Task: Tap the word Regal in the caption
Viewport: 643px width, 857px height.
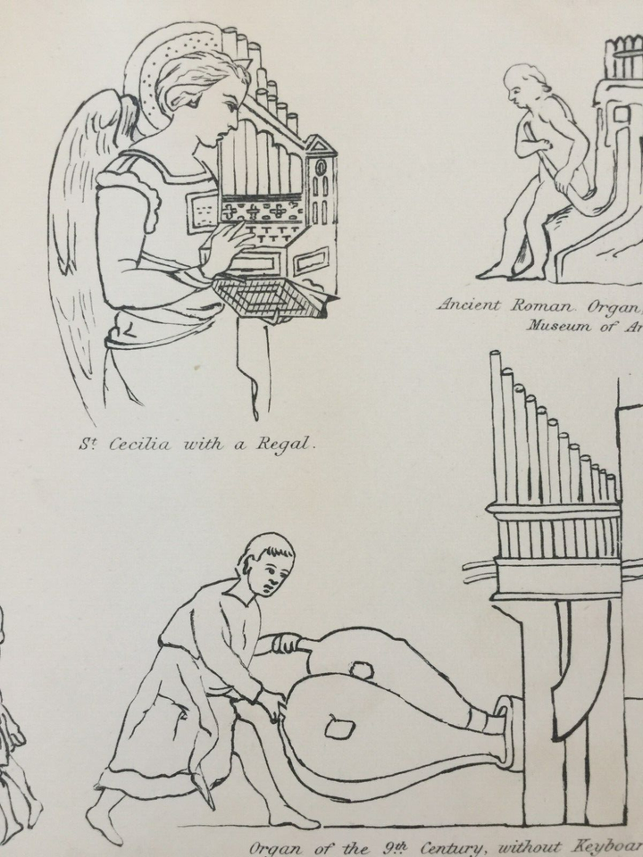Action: (x=286, y=444)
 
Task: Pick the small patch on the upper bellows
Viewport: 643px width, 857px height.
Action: (x=362, y=670)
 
